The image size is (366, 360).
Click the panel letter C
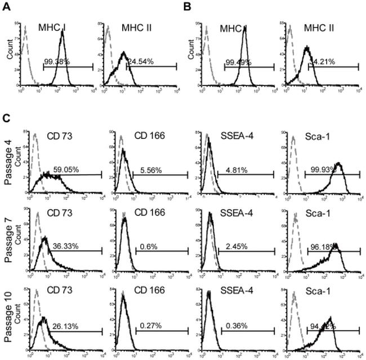[5, 120]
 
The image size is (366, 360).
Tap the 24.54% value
[142, 62]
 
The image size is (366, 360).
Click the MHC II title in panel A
[139, 28]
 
